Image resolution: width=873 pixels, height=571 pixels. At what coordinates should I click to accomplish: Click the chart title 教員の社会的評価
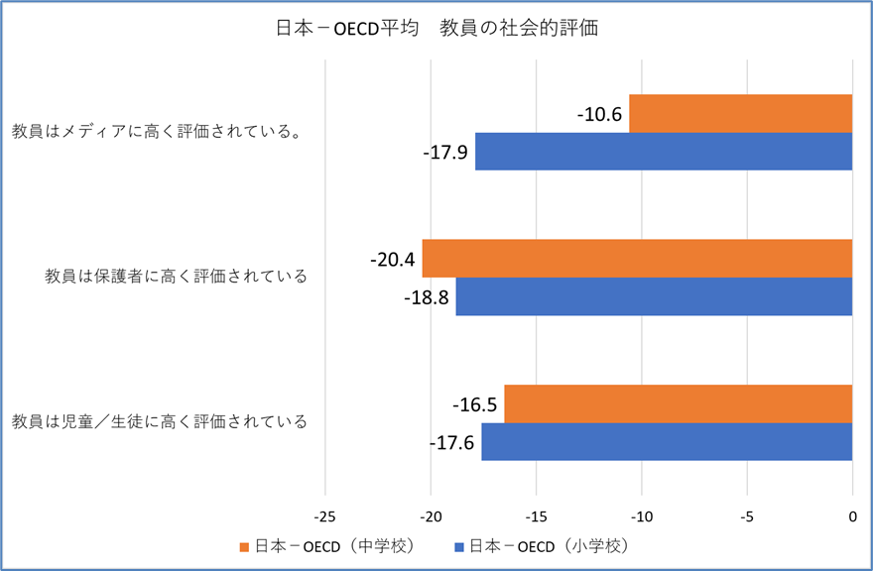click(436, 29)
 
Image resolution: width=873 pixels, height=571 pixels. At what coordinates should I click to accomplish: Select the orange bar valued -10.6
click(740, 113)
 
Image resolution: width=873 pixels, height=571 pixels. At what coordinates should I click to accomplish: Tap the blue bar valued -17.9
click(664, 152)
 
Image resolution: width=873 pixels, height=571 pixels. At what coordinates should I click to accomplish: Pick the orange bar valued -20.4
click(637, 258)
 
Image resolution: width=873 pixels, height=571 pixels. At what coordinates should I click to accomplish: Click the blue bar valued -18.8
click(654, 296)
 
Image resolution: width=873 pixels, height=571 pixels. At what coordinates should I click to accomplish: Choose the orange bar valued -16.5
click(679, 403)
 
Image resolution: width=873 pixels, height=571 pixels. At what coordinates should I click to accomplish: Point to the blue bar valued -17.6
click(667, 442)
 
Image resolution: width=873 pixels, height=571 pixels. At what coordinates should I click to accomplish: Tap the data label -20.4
click(392, 260)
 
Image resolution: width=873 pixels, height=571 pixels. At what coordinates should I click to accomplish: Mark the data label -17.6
click(452, 443)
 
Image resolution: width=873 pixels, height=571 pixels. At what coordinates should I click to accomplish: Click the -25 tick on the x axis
click(325, 516)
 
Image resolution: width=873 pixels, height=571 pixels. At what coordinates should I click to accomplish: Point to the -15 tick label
click(536, 516)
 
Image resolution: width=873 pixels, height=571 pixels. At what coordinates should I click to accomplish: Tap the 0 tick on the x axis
click(852, 516)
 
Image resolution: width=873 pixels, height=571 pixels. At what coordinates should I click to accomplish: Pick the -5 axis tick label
click(747, 516)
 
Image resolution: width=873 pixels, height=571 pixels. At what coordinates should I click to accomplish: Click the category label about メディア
click(157, 132)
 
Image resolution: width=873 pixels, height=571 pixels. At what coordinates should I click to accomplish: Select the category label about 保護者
click(177, 276)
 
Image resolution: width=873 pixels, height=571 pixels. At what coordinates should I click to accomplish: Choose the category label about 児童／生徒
click(160, 421)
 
